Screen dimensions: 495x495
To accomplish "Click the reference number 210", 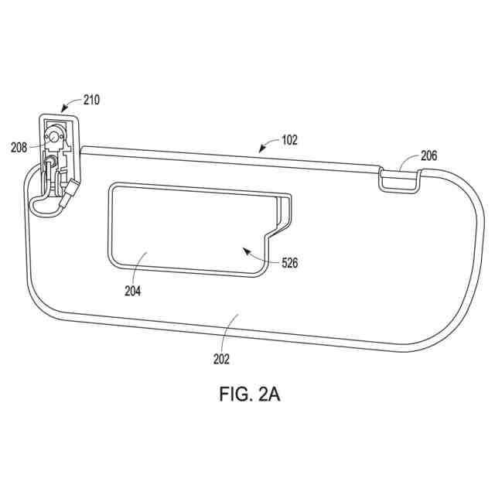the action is [91, 100].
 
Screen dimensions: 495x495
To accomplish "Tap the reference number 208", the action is [19, 148].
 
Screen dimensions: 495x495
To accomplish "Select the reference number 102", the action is [289, 140].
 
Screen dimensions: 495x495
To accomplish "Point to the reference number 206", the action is [429, 155].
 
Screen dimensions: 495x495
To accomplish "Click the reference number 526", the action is [289, 263].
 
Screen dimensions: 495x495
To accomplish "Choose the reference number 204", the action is [132, 291].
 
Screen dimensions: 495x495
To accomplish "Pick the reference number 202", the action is [221, 359].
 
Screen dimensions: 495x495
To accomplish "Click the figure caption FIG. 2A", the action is [250, 394].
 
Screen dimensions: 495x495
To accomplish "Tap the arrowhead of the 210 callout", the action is [63, 109].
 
